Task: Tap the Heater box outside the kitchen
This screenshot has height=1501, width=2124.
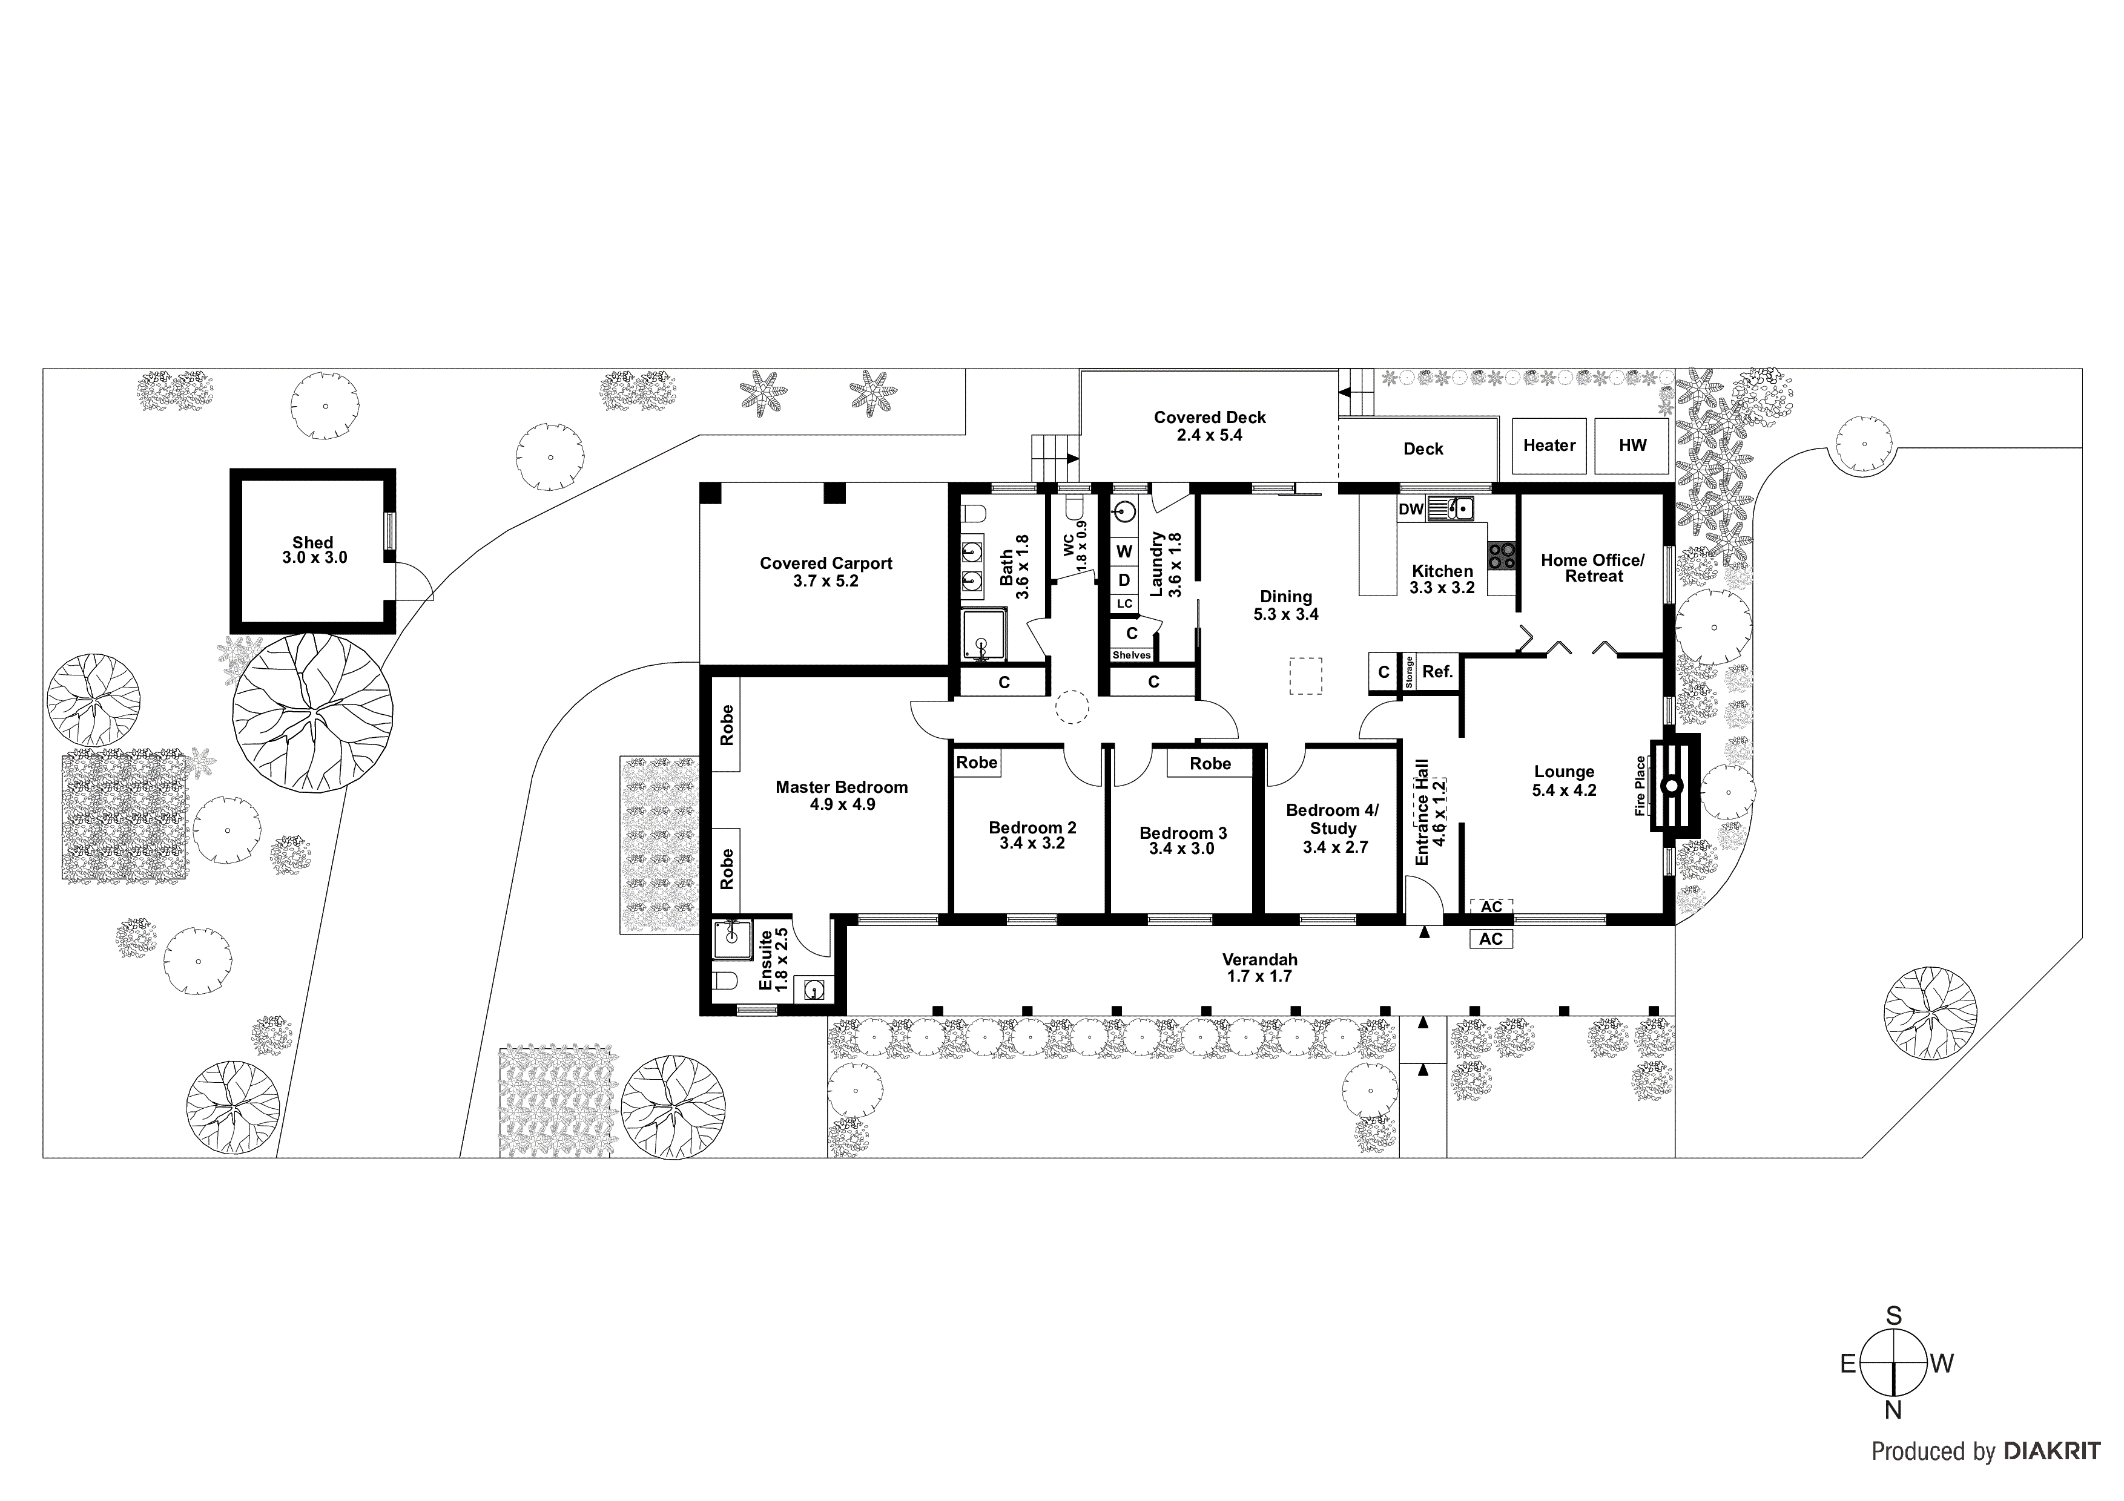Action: [1549, 446]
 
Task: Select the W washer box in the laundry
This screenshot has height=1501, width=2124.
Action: [1124, 551]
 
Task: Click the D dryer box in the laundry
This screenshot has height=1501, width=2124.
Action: [1124, 580]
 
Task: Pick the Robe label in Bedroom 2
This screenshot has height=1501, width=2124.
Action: [977, 762]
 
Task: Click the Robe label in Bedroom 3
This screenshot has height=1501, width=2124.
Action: [1210, 763]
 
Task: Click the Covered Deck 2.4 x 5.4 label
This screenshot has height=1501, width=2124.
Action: [1209, 426]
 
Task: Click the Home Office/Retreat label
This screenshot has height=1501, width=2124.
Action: [1592, 568]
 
